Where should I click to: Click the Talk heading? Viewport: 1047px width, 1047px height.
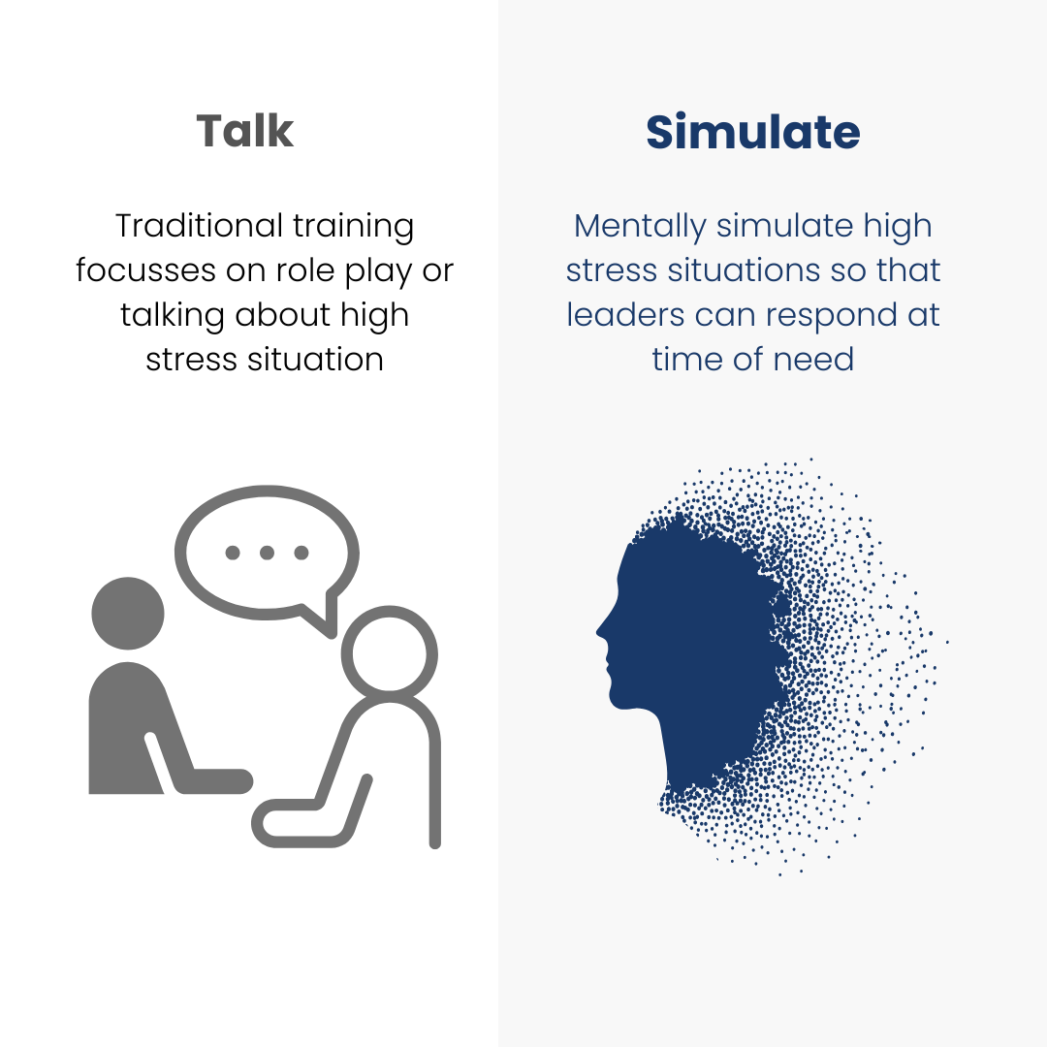pyautogui.click(x=245, y=130)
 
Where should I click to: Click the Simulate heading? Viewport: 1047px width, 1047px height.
pyautogui.click(x=752, y=132)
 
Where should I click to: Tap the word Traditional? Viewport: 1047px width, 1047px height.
pyautogui.click(x=199, y=226)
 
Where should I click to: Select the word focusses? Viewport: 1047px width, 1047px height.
pyautogui.click(x=145, y=270)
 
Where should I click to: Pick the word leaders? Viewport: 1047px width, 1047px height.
pyautogui.click(x=625, y=314)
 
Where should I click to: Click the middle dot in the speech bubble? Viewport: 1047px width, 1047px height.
pyautogui.click(x=268, y=553)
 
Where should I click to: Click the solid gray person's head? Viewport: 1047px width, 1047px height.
pyautogui.click(x=128, y=613)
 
